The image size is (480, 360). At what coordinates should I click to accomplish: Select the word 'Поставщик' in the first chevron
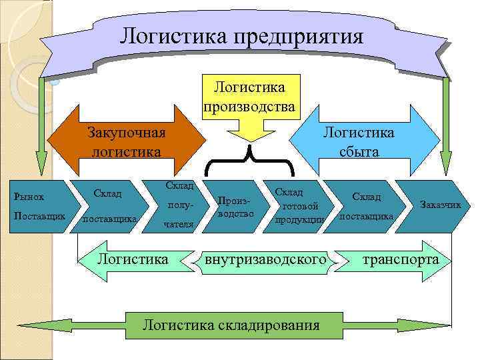point(39,216)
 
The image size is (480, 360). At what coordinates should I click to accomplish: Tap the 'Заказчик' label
point(441,204)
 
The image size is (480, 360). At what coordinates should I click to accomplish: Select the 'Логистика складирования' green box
point(231,325)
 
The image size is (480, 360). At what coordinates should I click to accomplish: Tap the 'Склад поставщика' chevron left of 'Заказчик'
point(367,207)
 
